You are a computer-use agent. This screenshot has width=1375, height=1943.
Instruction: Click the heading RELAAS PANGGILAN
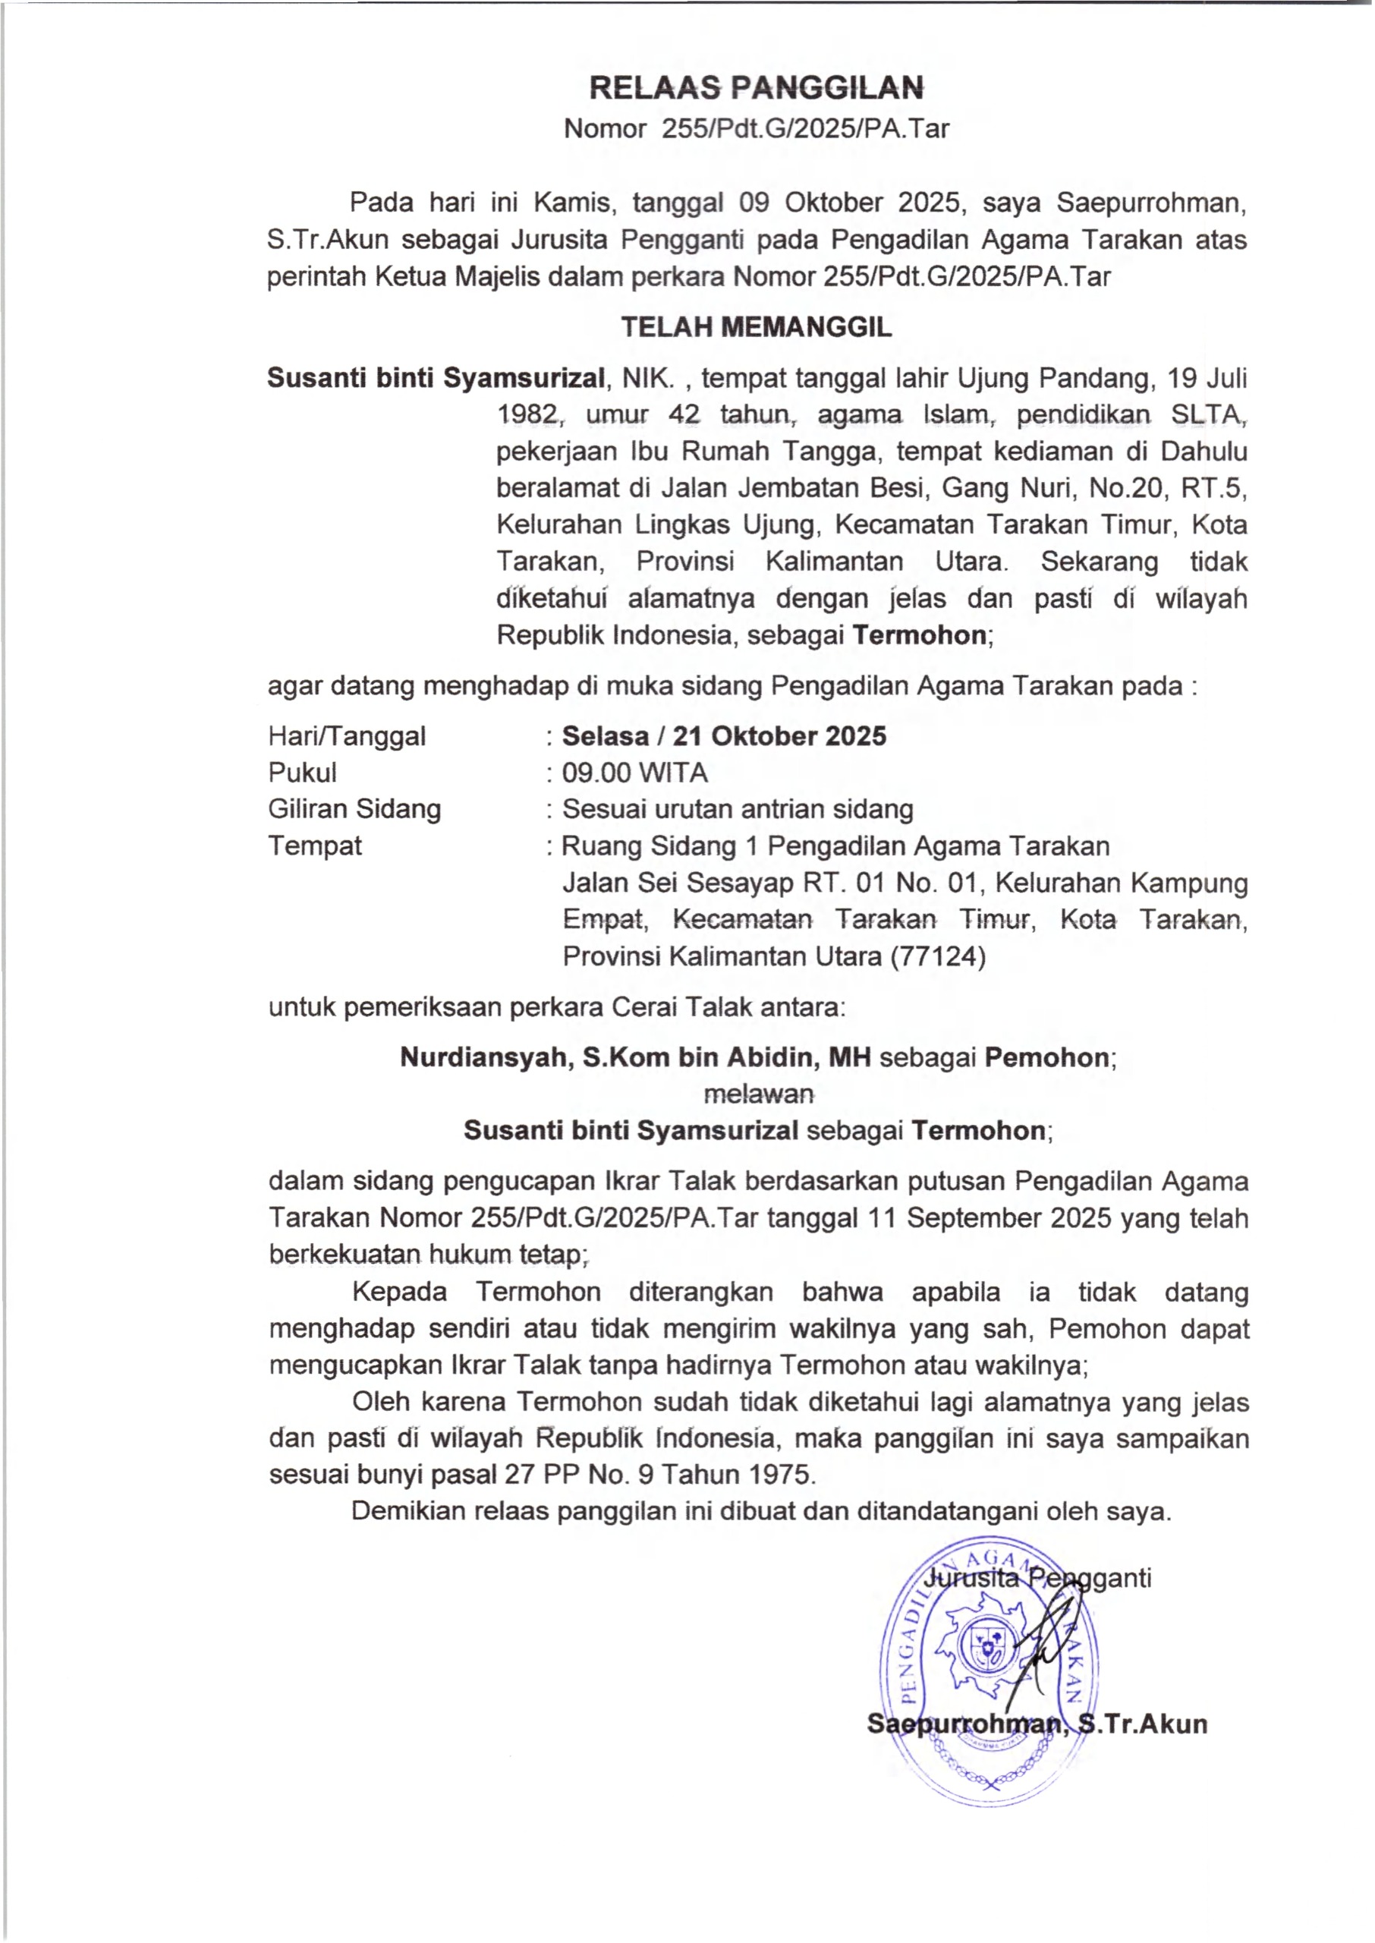click(755, 87)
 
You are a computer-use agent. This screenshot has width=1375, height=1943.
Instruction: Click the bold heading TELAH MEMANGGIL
click(756, 328)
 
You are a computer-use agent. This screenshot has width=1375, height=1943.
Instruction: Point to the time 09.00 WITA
click(635, 773)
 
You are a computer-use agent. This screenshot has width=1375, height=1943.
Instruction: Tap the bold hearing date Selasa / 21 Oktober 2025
click(724, 735)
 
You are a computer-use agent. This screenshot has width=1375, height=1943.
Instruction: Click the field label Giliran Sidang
click(355, 809)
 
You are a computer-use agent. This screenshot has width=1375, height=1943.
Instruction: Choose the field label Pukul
click(302, 773)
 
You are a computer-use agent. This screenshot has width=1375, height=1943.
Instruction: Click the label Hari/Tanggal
click(347, 735)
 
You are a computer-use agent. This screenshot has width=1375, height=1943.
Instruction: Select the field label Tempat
click(315, 846)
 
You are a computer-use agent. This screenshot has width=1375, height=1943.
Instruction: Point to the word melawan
click(759, 1094)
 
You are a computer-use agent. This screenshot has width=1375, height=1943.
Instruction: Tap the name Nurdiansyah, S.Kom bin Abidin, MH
click(635, 1057)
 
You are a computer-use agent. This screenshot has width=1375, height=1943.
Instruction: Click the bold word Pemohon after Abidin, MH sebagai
click(1046, 1057)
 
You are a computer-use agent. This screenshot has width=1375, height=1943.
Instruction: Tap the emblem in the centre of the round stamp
click(985, 1651)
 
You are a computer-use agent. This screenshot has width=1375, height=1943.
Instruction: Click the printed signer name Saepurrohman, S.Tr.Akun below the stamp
click(1037, 1724)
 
